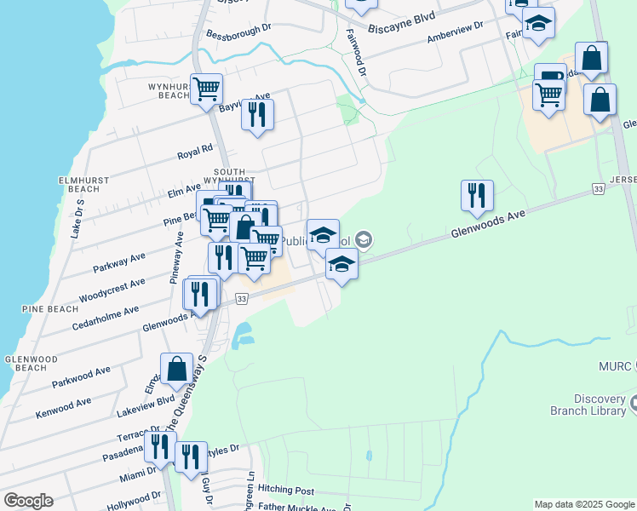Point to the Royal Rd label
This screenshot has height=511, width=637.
coord(194,152)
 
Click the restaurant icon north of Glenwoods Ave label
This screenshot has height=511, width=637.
coord(477,195)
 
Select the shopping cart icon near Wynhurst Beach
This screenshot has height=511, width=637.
coord(207,88)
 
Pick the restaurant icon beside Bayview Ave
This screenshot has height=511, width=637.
coord(257,113)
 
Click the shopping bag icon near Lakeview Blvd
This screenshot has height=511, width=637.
coord(176,369)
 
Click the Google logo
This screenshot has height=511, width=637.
coord(28,501)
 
